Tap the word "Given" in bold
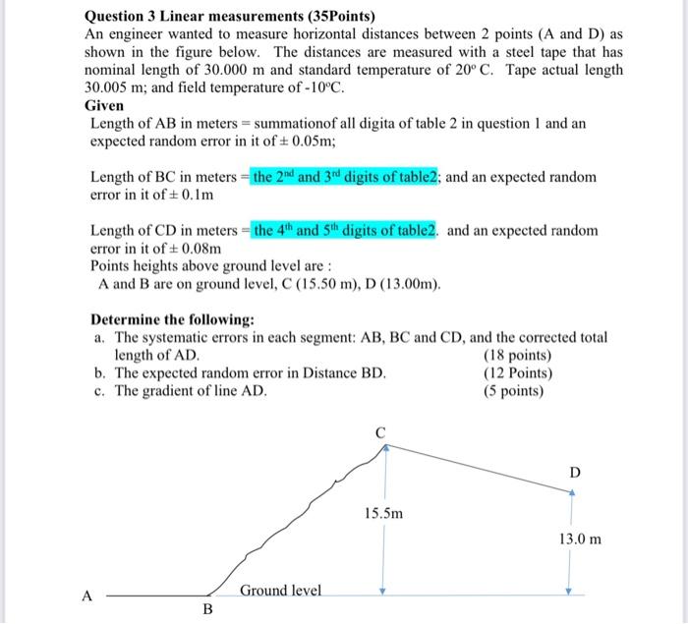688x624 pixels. tap(105, 105)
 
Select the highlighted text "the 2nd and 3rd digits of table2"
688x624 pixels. tap(346, 177)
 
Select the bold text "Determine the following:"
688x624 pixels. tap(172, 319)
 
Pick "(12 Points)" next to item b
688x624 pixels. tap(518, 372)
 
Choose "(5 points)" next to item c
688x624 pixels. tap(514, 390)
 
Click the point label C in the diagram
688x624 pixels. tap(380, 431)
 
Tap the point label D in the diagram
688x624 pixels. tap(575, 473)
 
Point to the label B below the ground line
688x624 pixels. tap(207, 609)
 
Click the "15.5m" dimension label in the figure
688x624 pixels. tap(383, 513)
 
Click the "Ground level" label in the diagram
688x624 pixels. tap(280, 590)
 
